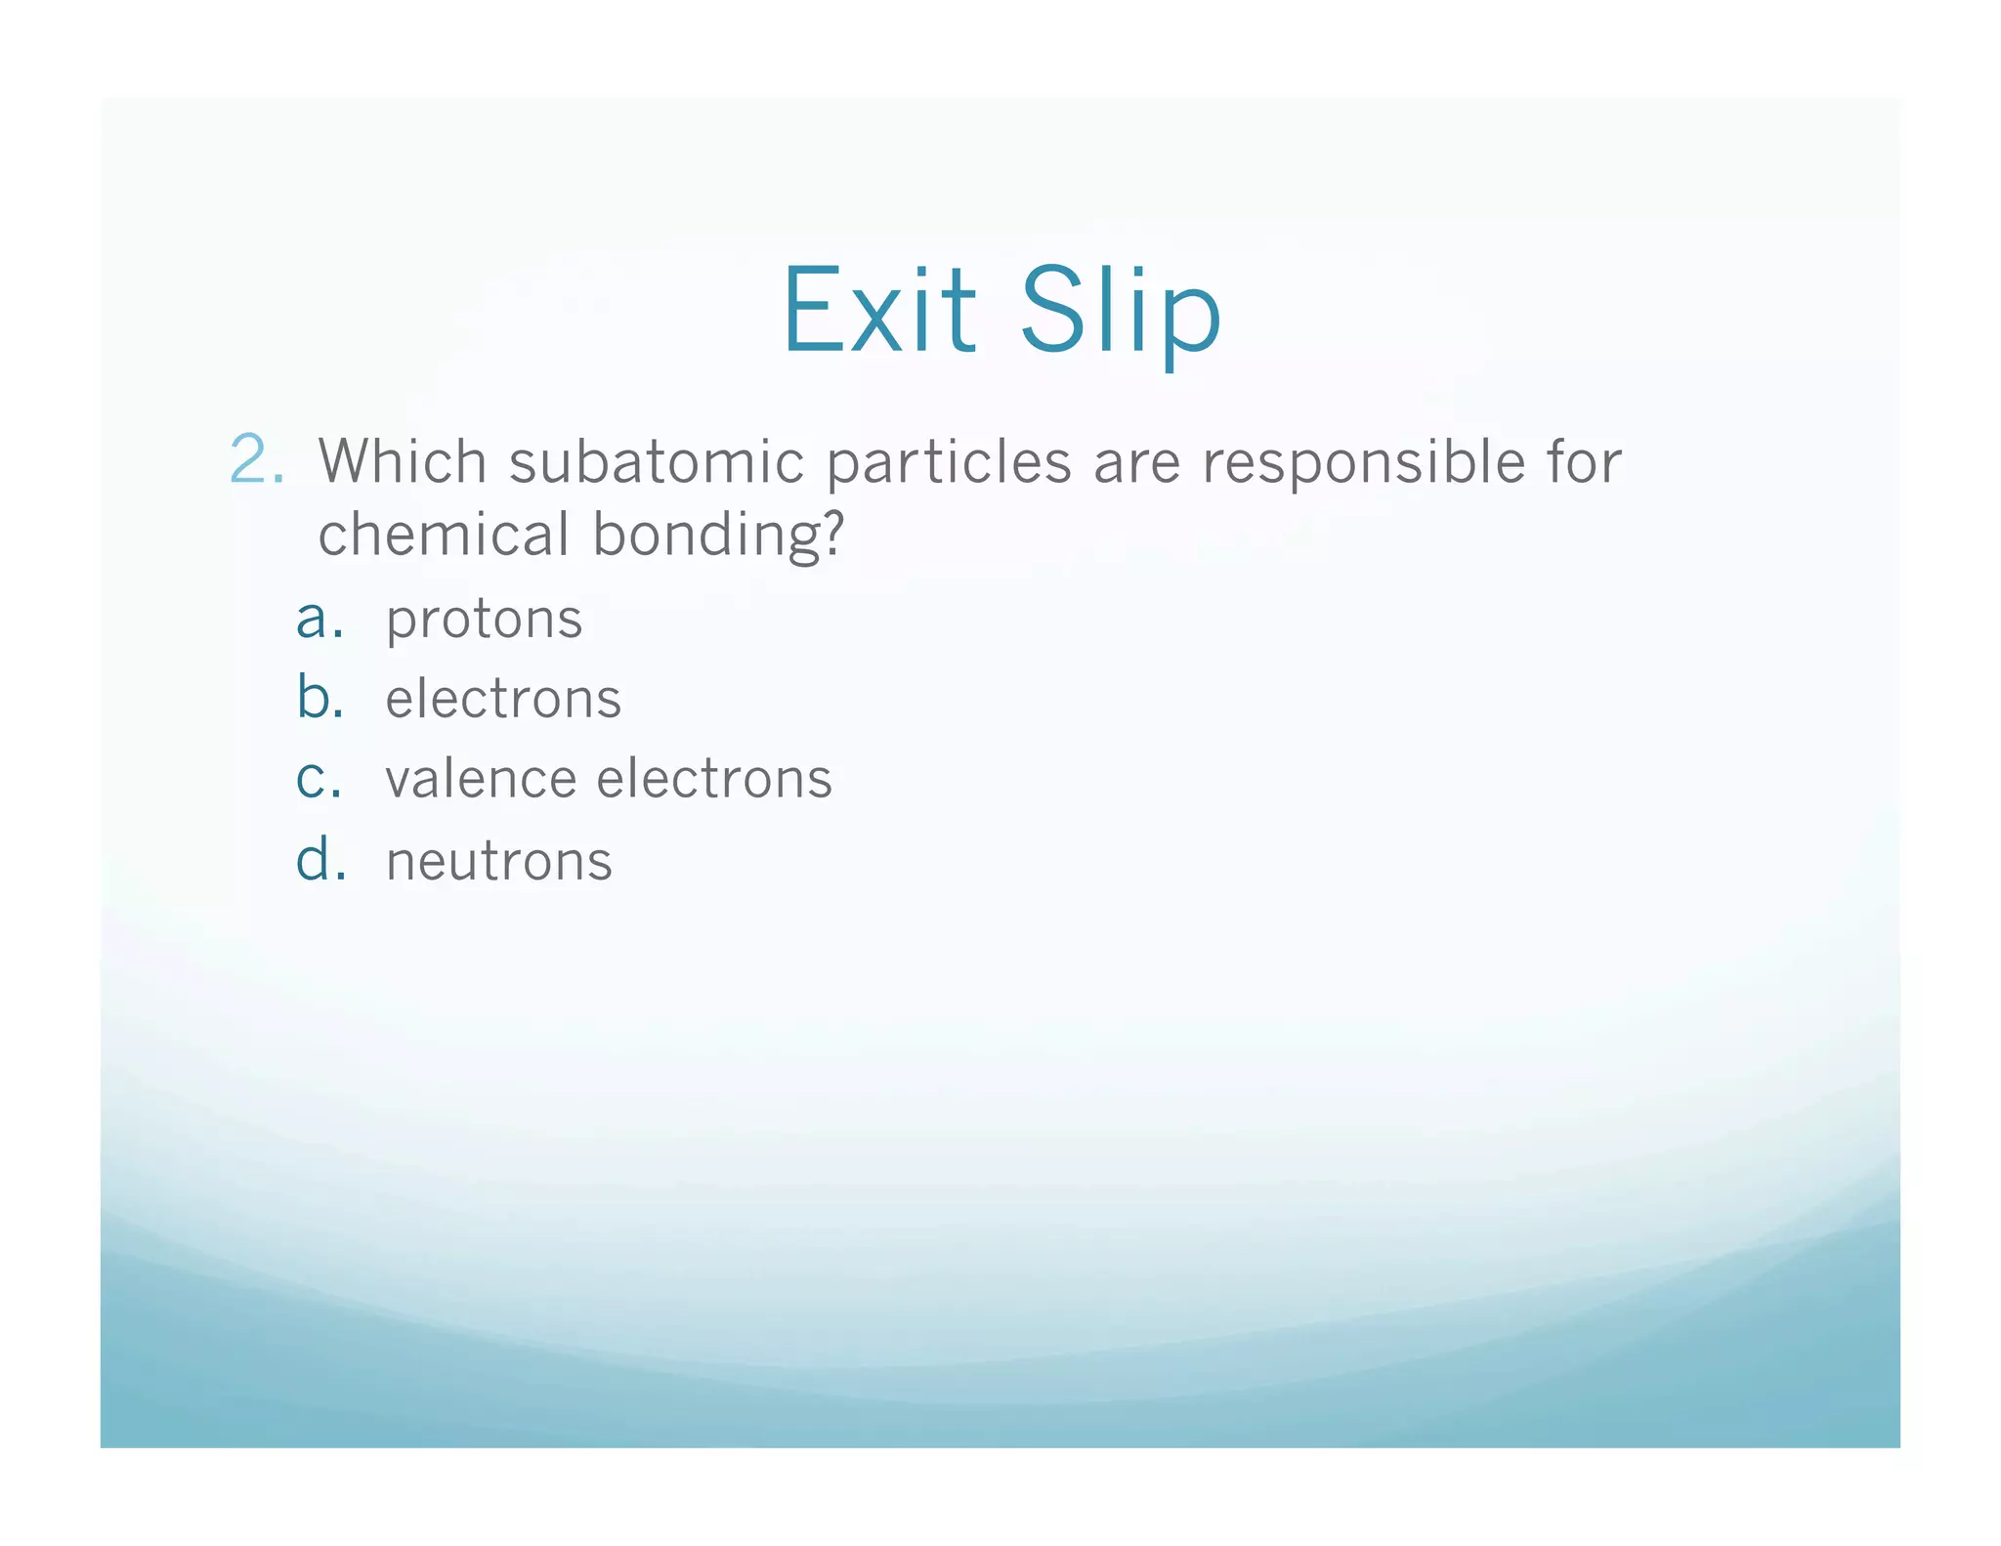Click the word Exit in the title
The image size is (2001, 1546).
[x=878, y=311]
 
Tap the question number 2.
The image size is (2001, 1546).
[x=257, y=459]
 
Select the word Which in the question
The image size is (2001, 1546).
[x=403, y=460]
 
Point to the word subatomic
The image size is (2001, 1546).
[x=656, y=461]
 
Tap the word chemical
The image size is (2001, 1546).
[x=444, y=535]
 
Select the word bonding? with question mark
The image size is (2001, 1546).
[x=718, y=537]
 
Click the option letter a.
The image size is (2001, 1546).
[x=319, y=620]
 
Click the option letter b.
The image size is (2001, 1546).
[x=319, y=698]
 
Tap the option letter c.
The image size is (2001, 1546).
[x=319, y=780]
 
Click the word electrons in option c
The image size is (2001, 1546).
[x=714, y=780]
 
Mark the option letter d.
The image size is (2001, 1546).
[x=319, y=860]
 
